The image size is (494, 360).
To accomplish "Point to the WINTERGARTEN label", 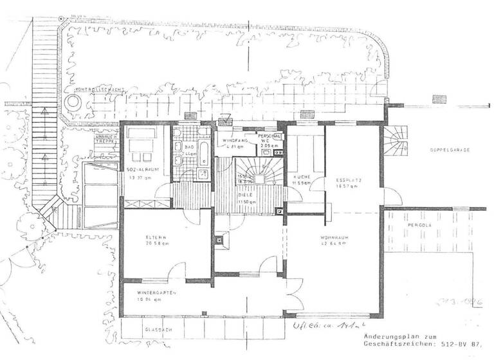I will (x=157, y=292).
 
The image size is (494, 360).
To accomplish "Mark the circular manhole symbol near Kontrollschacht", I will (x=71, y=102).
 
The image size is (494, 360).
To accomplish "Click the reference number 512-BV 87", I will (x=457, y=345).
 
